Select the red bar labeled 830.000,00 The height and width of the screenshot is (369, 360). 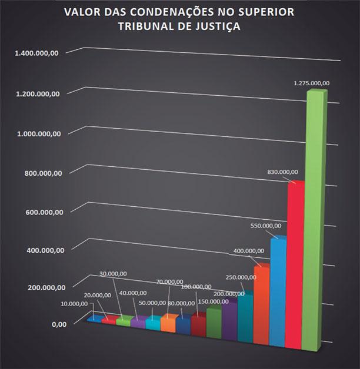295,264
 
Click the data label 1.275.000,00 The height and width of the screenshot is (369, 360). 312,83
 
